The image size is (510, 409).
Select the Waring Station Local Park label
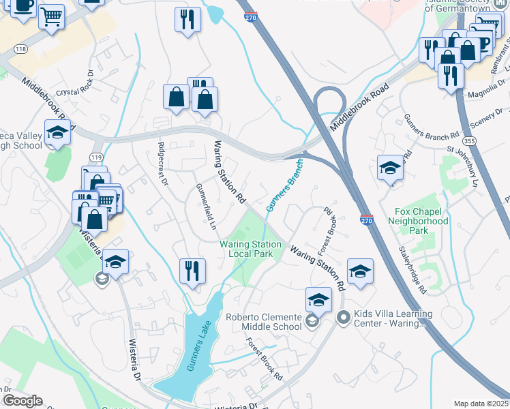point(250,249)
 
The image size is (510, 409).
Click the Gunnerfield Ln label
point(205,205)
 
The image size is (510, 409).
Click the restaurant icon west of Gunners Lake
point(192,271)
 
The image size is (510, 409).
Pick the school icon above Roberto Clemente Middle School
point(318,299)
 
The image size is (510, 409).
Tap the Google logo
point(22,401)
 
